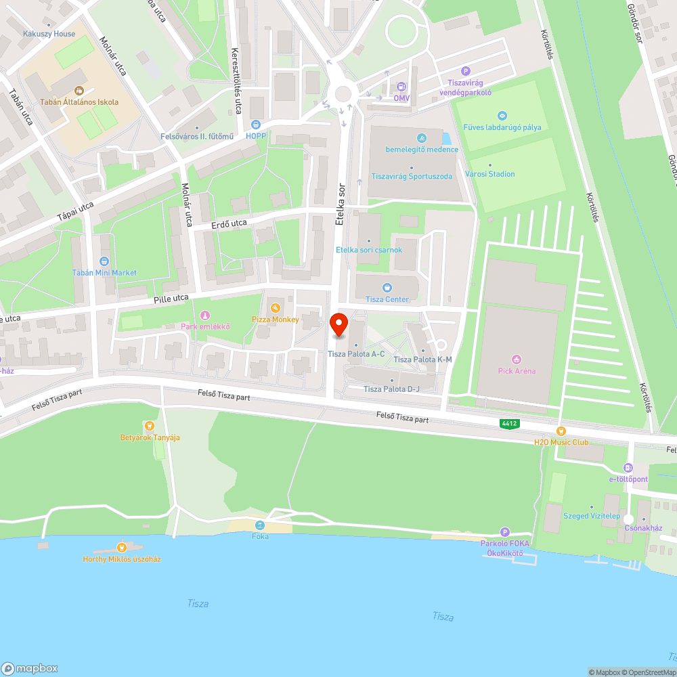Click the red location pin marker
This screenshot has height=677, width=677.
point(339,324)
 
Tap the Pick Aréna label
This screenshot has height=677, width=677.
point(517,370)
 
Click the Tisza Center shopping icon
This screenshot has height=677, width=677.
point(387,288)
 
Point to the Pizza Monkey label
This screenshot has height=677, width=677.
point(276,319)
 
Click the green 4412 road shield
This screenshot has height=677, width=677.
point(509,424)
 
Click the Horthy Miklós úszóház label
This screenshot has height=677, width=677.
point(122,559)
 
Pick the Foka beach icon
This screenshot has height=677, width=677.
point(259,525)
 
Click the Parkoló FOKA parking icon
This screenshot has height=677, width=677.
point(504,532)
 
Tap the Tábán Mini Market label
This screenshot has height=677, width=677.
point(104,273)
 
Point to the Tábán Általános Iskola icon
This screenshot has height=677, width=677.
point(79,90)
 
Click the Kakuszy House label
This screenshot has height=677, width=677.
point(49,33)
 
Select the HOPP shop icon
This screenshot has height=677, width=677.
point(256,124)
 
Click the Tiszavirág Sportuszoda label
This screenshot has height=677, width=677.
point(412,176)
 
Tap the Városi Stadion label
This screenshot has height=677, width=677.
point(490,174)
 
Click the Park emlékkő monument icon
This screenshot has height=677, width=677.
point(205,315)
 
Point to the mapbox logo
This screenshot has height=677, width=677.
point(30,668)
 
